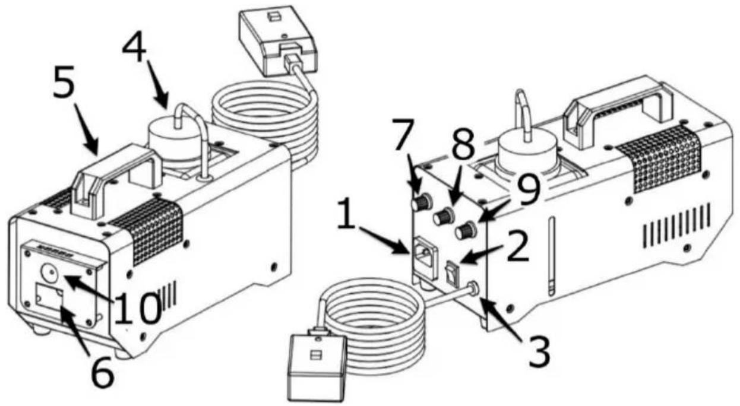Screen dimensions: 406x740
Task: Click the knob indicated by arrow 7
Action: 421,204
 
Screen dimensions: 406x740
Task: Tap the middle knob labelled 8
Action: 442,217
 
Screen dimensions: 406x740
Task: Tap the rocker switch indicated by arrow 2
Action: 453,270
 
